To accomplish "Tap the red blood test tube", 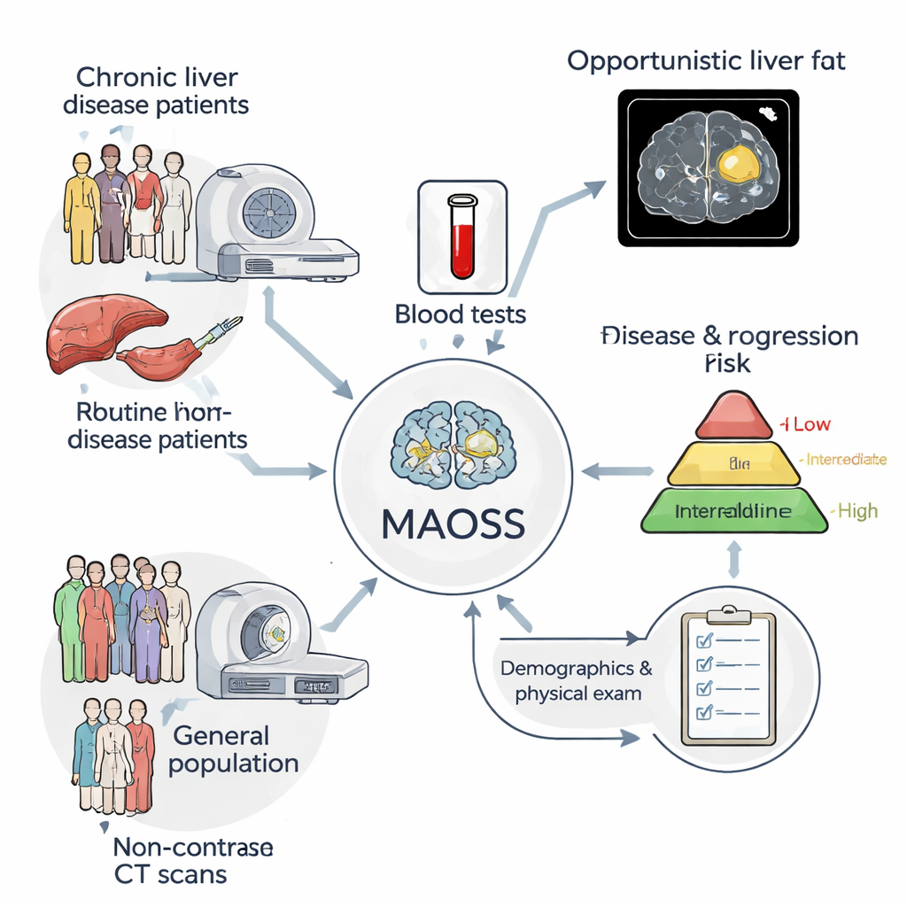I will (x=462, y=237).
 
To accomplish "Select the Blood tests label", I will (x=461, y=314).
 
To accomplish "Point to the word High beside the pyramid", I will (x=857, y=511).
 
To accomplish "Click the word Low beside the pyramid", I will (x=811, y=424).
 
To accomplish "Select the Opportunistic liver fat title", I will (x=706, y=61).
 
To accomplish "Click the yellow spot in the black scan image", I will (x=738, y=165).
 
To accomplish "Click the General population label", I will (x=232, y=749).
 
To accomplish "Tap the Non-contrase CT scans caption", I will (x=193, y=861).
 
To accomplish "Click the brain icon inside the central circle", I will (x=453, y=444).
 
